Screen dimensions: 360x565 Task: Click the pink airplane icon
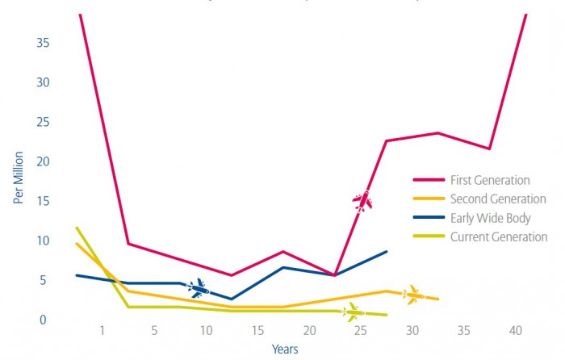[362, 200]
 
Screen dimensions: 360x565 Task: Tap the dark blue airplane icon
[198, 287]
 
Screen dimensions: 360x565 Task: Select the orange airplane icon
[413, 295]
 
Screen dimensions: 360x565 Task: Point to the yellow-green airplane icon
[352, 312]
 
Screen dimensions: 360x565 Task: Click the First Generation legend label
[490, 180]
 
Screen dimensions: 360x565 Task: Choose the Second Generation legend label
[498, 199]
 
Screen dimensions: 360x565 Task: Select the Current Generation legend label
[499, 237]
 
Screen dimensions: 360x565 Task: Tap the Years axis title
[285, 350]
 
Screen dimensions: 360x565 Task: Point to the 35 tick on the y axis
[43, 43]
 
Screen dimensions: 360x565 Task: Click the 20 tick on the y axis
[43, 161]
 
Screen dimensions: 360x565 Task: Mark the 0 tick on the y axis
[46, 320]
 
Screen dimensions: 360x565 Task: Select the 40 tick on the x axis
[516, 331]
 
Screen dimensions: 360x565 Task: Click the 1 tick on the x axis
[103, 331]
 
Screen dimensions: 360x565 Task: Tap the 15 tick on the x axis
[257, 331]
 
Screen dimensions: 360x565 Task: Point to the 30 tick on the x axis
[412, 331]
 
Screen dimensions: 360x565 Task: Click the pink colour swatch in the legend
[428, 180]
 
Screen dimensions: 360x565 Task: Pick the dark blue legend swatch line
[428, 218]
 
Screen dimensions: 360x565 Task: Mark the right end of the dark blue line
[387, 252]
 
